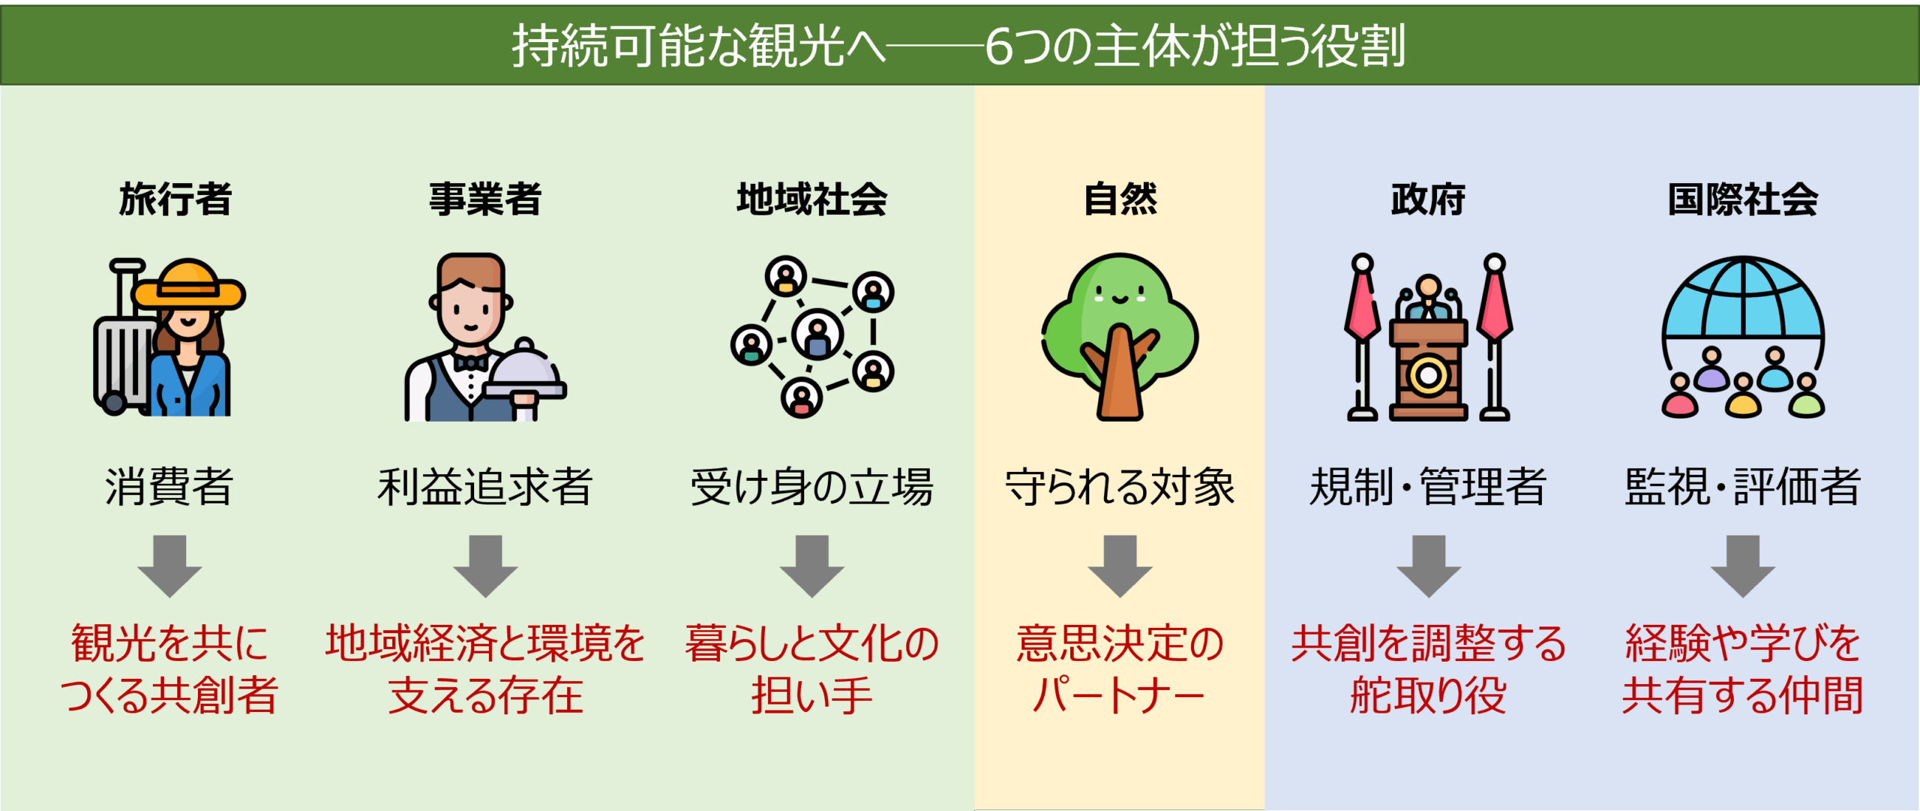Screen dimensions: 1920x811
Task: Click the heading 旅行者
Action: pyautogui.click(x=175, y=200)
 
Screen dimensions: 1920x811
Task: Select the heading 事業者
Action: pyautogui.click(x=485, y=200)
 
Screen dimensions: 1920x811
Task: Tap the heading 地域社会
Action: pyautogui.click(x=811, y=200)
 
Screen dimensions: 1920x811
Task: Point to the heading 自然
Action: pyautogui.click(x=1120, y=200)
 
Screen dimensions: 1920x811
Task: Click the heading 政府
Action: pyautogui.click(x=1428, y=200)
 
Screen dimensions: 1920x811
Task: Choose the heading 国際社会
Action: pyautogui.click(x=1743, y=200)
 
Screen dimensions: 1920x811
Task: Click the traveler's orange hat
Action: pyautogui.click(x=189, y=285)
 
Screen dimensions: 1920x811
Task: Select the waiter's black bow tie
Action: pyautogui.click(x=471, y=363)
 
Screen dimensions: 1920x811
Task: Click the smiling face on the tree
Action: pyautogui.click(x=1120, y=294)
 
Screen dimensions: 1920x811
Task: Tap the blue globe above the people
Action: pyautogui.click(x=1743, y=299)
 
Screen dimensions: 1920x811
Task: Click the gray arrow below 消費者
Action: pyautogui.click(x=169, y=566)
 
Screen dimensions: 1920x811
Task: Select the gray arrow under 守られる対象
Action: pyautogui.click(x=1120, y=566)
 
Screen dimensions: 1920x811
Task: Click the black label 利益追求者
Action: pyautogui.click(x=485, y=486)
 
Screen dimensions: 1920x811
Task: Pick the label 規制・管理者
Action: pyautogui.click(x=1428, y=486)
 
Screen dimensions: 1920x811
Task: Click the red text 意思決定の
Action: pyautogui.click(x=1120, y=644)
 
